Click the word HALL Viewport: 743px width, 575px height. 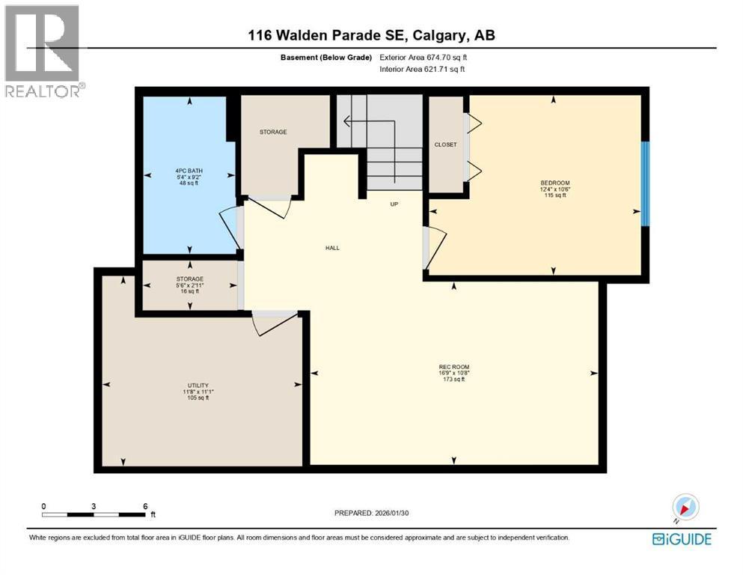coord(332,248)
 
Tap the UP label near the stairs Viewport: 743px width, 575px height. coord(393,204)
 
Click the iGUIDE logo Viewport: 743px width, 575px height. coord(681,538)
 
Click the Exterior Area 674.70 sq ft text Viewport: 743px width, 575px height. coord(426,57)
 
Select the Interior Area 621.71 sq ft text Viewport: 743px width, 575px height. coord(423,69)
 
